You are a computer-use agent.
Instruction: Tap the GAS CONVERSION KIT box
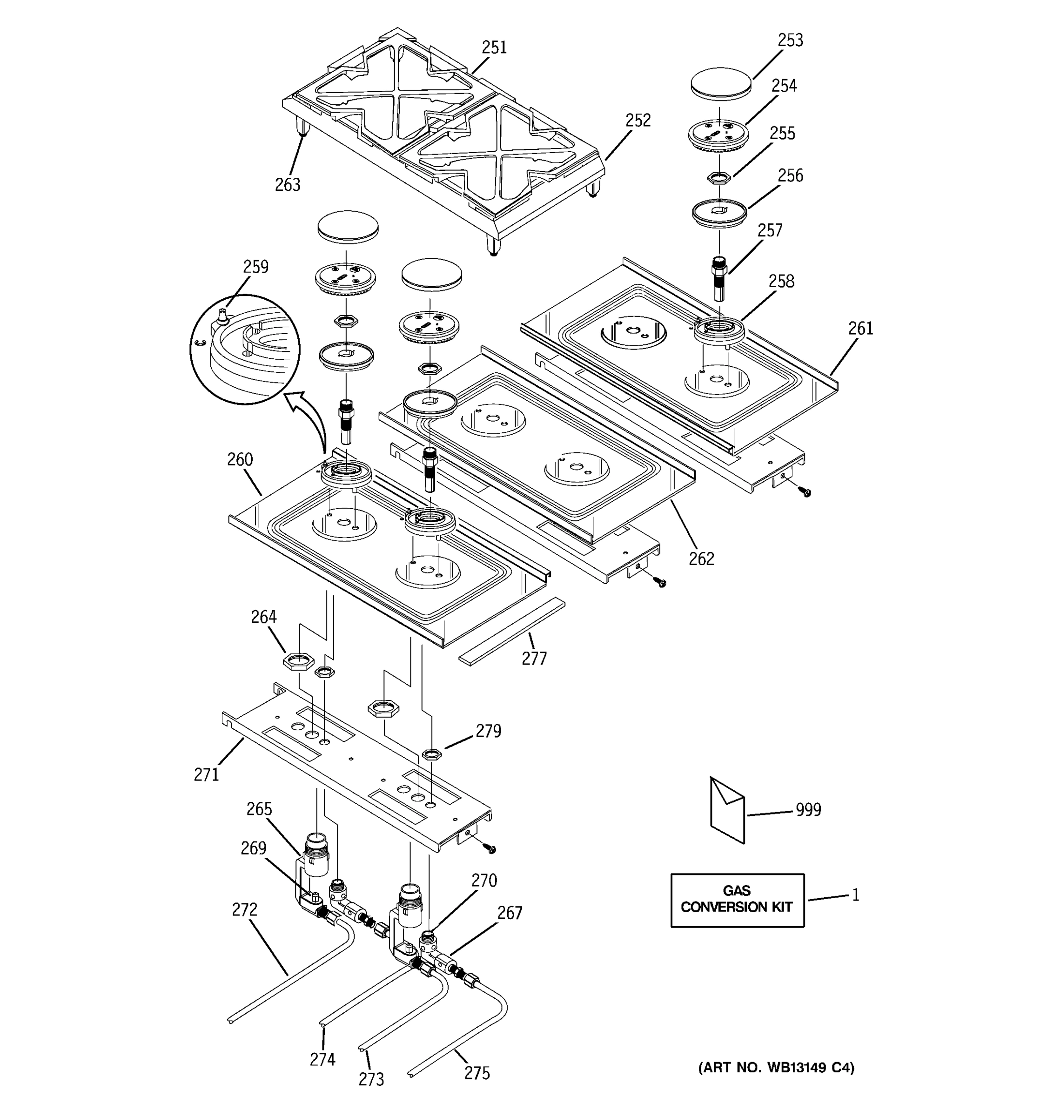coord(737,900)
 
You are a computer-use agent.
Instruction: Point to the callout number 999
coord(808,810)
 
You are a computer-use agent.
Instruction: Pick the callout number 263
coord(287,184)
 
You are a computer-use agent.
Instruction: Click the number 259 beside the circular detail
coord(255,266)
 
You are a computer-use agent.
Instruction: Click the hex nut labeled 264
coord(298,661)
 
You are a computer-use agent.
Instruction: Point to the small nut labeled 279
coord(431,754)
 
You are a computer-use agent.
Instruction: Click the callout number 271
coord(206,775)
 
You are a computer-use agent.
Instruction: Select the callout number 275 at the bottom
coord(477,1073)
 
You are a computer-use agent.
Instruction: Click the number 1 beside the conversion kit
coord(855,895)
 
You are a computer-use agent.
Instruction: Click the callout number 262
coord(701,558)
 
